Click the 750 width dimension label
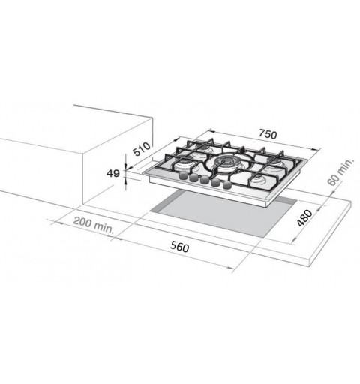point(268,134)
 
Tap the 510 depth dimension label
point(142,149)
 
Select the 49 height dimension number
point(113,173)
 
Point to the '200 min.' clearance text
point(94,225)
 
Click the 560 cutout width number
point(180,247)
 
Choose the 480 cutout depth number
point(304,217)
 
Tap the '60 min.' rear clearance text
point(340,172)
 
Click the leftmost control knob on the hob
point(183,175)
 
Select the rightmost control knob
point(226,185)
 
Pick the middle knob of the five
point(205,180)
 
